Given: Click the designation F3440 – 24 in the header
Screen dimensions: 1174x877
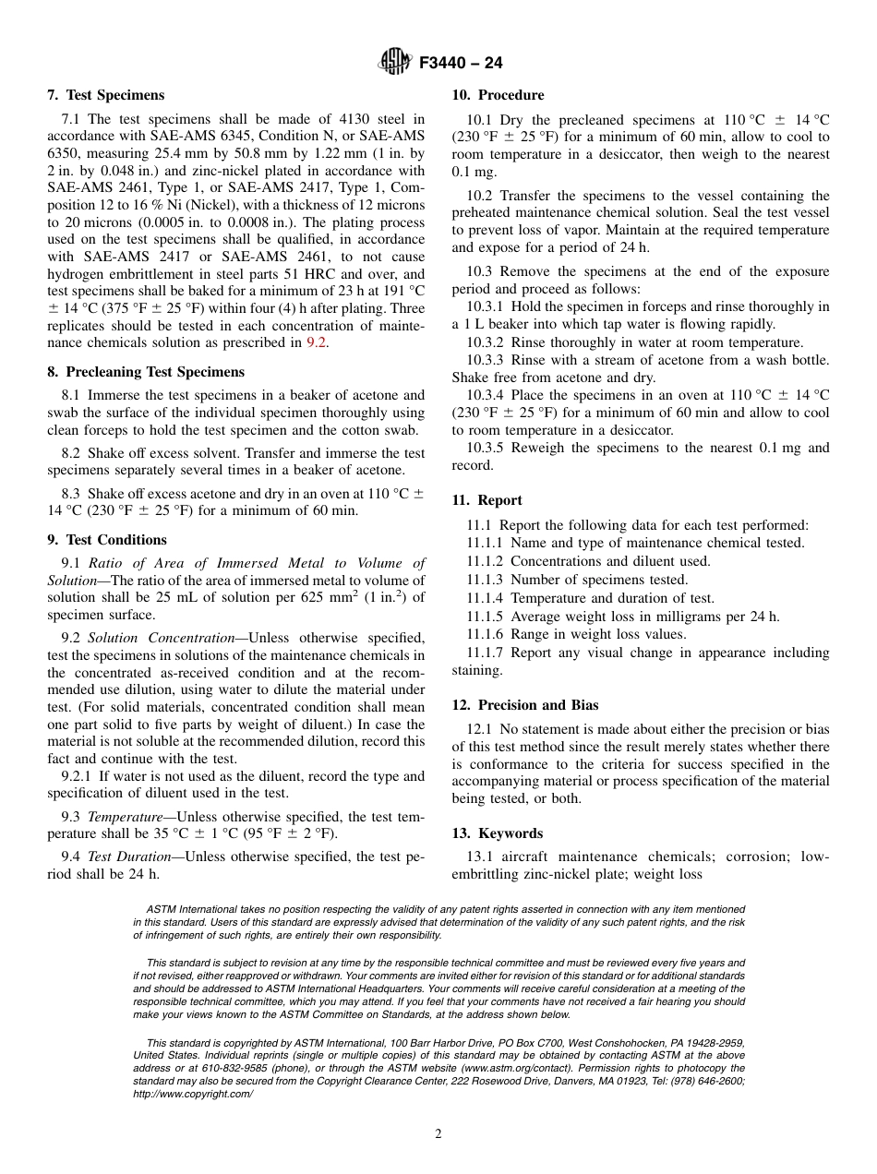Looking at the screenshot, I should click(461, 64).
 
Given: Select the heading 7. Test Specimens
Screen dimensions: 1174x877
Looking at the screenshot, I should click(105, 95).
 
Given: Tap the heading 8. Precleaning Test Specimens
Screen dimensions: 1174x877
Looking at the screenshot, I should click(146, 372).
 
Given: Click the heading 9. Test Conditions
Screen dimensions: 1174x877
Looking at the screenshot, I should click(107, 540).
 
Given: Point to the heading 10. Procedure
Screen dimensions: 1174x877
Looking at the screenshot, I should click(498, 95).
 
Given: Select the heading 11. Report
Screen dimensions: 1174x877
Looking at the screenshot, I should click(487, 500).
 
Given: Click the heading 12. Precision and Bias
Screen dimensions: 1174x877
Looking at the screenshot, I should click(524, 705).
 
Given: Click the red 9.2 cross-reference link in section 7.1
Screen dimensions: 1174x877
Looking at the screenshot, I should click(316, 342).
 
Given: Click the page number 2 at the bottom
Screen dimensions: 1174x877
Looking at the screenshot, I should click(438, 1134).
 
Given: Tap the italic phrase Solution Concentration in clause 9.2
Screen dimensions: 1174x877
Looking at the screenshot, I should click(161, 638).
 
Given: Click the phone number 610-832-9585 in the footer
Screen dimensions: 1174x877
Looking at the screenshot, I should click(210, 1068).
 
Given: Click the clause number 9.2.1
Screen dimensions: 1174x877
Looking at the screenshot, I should click(78, 776).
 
